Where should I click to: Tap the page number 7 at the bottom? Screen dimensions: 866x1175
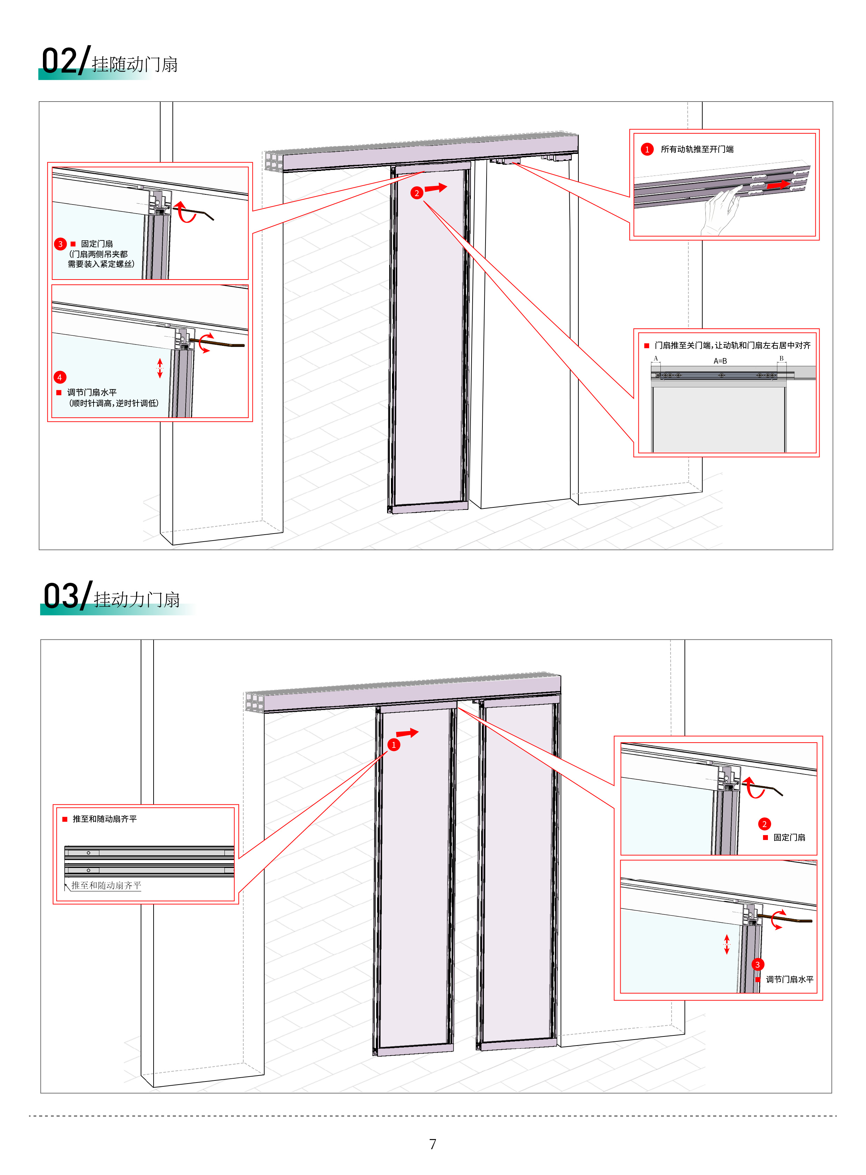432,1144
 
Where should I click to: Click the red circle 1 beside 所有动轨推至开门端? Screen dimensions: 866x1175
647,149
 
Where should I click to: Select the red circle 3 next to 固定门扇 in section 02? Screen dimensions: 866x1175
60,244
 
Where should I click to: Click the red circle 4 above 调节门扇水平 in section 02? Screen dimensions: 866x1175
60,377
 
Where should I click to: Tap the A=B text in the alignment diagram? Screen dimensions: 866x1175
720,361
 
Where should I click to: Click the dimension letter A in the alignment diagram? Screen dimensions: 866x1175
655,358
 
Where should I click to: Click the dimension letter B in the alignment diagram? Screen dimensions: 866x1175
781,358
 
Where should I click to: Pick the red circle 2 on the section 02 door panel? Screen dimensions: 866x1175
417,193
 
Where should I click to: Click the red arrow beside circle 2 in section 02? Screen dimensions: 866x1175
436,188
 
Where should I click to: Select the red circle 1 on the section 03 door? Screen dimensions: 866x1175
394,745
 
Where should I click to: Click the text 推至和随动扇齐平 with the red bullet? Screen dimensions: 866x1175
104,819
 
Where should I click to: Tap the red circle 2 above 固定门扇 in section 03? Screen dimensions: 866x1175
764,824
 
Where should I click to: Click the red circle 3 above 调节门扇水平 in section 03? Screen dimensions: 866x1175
757,964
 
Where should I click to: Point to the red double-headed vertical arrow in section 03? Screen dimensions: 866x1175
727,944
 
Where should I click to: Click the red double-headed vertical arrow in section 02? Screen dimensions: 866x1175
160,368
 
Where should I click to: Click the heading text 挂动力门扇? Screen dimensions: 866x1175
137,600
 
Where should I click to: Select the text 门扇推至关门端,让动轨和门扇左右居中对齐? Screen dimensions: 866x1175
732,345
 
